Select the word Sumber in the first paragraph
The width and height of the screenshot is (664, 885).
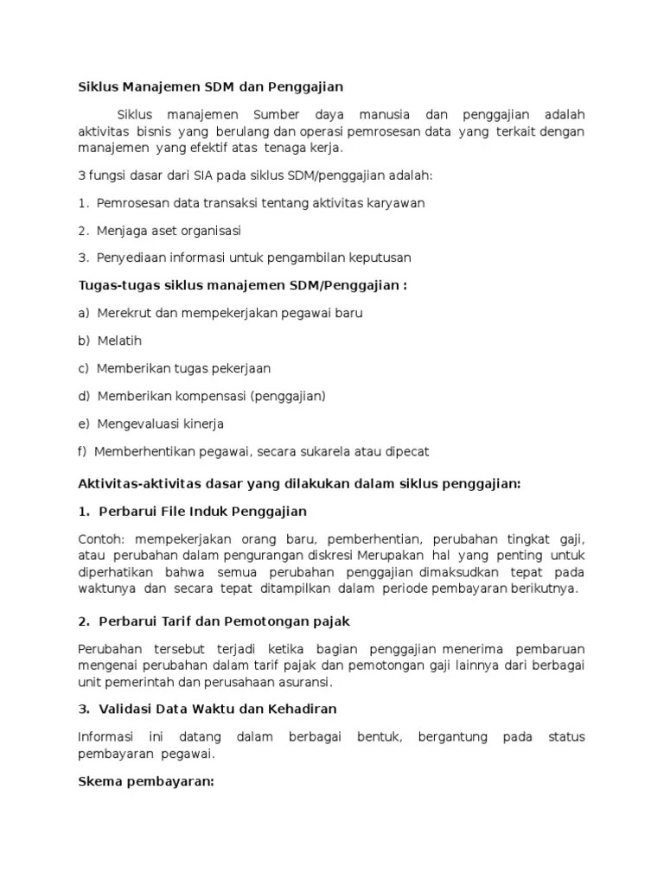coord(278,115)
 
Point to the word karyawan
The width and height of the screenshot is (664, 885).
coord(396,203)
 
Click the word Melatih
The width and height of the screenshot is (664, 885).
coord(119,341)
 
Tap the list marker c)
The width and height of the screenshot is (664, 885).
coord(84,368)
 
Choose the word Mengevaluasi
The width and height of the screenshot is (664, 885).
coord(137,423)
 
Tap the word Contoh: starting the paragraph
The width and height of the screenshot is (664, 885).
coord(102,539)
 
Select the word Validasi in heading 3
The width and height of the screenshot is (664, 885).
coord(126,709)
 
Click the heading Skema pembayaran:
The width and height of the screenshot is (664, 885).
coord(146,781)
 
